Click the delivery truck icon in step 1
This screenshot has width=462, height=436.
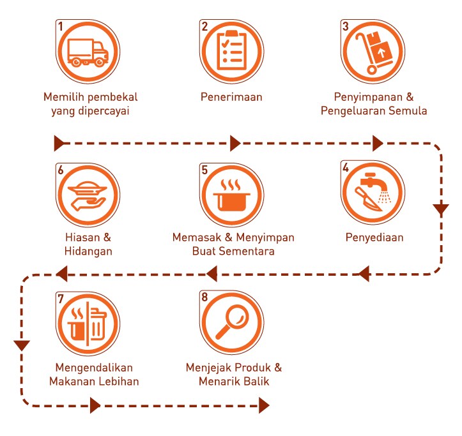click(88, 53)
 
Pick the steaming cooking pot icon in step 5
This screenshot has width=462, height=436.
click(231, 195)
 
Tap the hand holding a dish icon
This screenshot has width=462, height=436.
click(87, 196)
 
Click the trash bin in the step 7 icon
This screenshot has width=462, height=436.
click(98, 323)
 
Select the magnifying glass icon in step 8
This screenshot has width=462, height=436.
click(233, 322)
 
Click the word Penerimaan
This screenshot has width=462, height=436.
click(231, 97)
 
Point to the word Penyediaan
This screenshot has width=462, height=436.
click(374, 237)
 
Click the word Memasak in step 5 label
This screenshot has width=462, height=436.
click(197, 237)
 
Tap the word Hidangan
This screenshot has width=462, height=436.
click(88, 251)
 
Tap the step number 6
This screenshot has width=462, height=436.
click(61, 170)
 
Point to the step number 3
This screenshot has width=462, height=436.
click(346, 26)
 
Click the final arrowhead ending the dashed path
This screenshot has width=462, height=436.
click(264, 405)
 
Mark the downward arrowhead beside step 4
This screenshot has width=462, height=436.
click(441, 209)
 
